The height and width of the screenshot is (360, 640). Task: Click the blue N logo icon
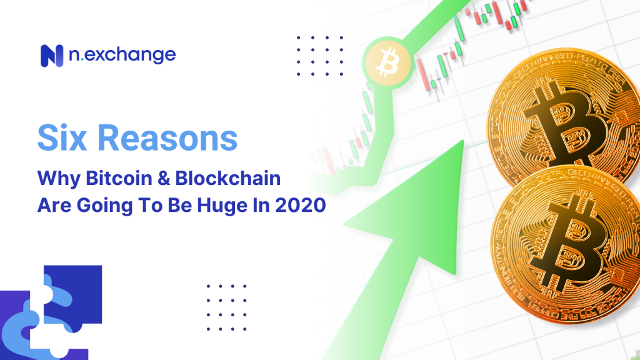52,56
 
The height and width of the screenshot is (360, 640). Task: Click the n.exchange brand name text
122,55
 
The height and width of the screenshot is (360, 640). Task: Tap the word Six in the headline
62,137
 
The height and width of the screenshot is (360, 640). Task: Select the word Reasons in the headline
167,138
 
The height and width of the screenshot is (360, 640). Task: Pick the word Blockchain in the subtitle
227,178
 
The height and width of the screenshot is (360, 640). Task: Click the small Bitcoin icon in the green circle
387,62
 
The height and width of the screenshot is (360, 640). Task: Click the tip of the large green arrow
463,141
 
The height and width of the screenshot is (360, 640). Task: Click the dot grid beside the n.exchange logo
320,56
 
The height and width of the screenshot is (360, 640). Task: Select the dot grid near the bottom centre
226,307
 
